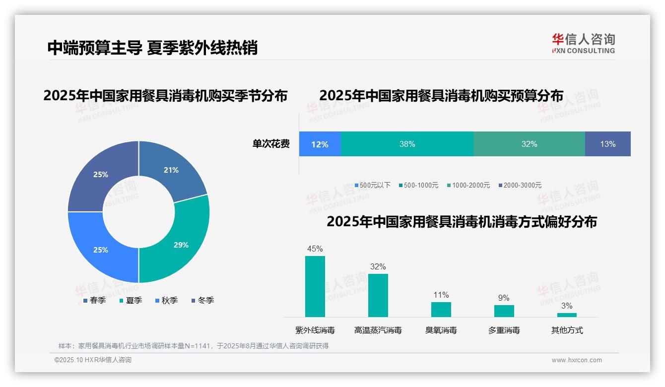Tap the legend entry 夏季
pyautogui.click(x=131, y=300)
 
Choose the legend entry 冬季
pyautogui.click(x=202, y=300)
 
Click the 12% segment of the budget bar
pyautogui.click(x=320, y=144)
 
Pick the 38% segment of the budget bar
pyautogui.click(x=407, y=144)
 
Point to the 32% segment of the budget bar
pyautogui.click(x=529, y=144)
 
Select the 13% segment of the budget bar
pyautogui.click(x=607, y=144)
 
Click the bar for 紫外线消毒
pyautogui.click(x=315, y=286)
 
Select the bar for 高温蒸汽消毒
pyautogui.click(x=378, y=295)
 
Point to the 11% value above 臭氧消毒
pyautogui.click(x=441, y=295)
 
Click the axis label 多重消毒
pyautogui.click(x=504, y=330)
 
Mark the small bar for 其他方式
pyautogui.click(x=567, y=315)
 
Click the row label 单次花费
pyautogui.click(x=271, y=144)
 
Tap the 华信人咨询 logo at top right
pyautogui.click(x=583, y=44)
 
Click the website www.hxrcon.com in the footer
pyautogui.click(x=577, y=360)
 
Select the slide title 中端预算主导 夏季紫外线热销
pyautogui.click(x=152, y=48)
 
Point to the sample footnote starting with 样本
pyautogui.click(x=194, y=346)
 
